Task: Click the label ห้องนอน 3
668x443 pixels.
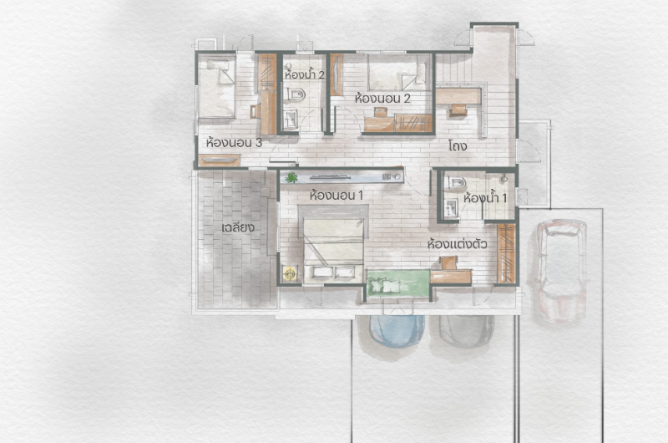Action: click(234, 143)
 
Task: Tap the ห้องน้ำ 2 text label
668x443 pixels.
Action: click(305, 75)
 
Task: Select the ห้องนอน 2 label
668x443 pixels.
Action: click(382, 99)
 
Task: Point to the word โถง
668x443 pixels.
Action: click(458, 146)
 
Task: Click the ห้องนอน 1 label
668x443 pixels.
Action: click(337, 196)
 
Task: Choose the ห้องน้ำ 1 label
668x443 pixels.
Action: click(485, 198)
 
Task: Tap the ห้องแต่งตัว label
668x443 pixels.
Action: click(457, 244)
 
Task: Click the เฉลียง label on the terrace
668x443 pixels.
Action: click(238, 227)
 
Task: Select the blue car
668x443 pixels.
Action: click(397, 331)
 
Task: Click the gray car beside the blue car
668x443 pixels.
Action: click(467, 330)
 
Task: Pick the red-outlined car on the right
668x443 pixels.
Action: click(561, 270)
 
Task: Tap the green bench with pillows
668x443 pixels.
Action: click(398, 283)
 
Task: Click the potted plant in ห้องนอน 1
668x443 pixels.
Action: click(291, 177)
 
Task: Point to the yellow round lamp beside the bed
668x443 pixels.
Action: click(290, 273)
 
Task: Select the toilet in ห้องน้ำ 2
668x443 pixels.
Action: click(296, 94)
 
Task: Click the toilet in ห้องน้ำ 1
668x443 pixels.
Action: click(456, 183)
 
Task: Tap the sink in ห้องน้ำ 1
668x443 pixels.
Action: click(450, 208)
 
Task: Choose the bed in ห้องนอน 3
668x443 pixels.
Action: click(217, 88)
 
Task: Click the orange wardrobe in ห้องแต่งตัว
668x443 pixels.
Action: click(506, 253)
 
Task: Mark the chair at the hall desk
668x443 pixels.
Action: click(458, 110)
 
